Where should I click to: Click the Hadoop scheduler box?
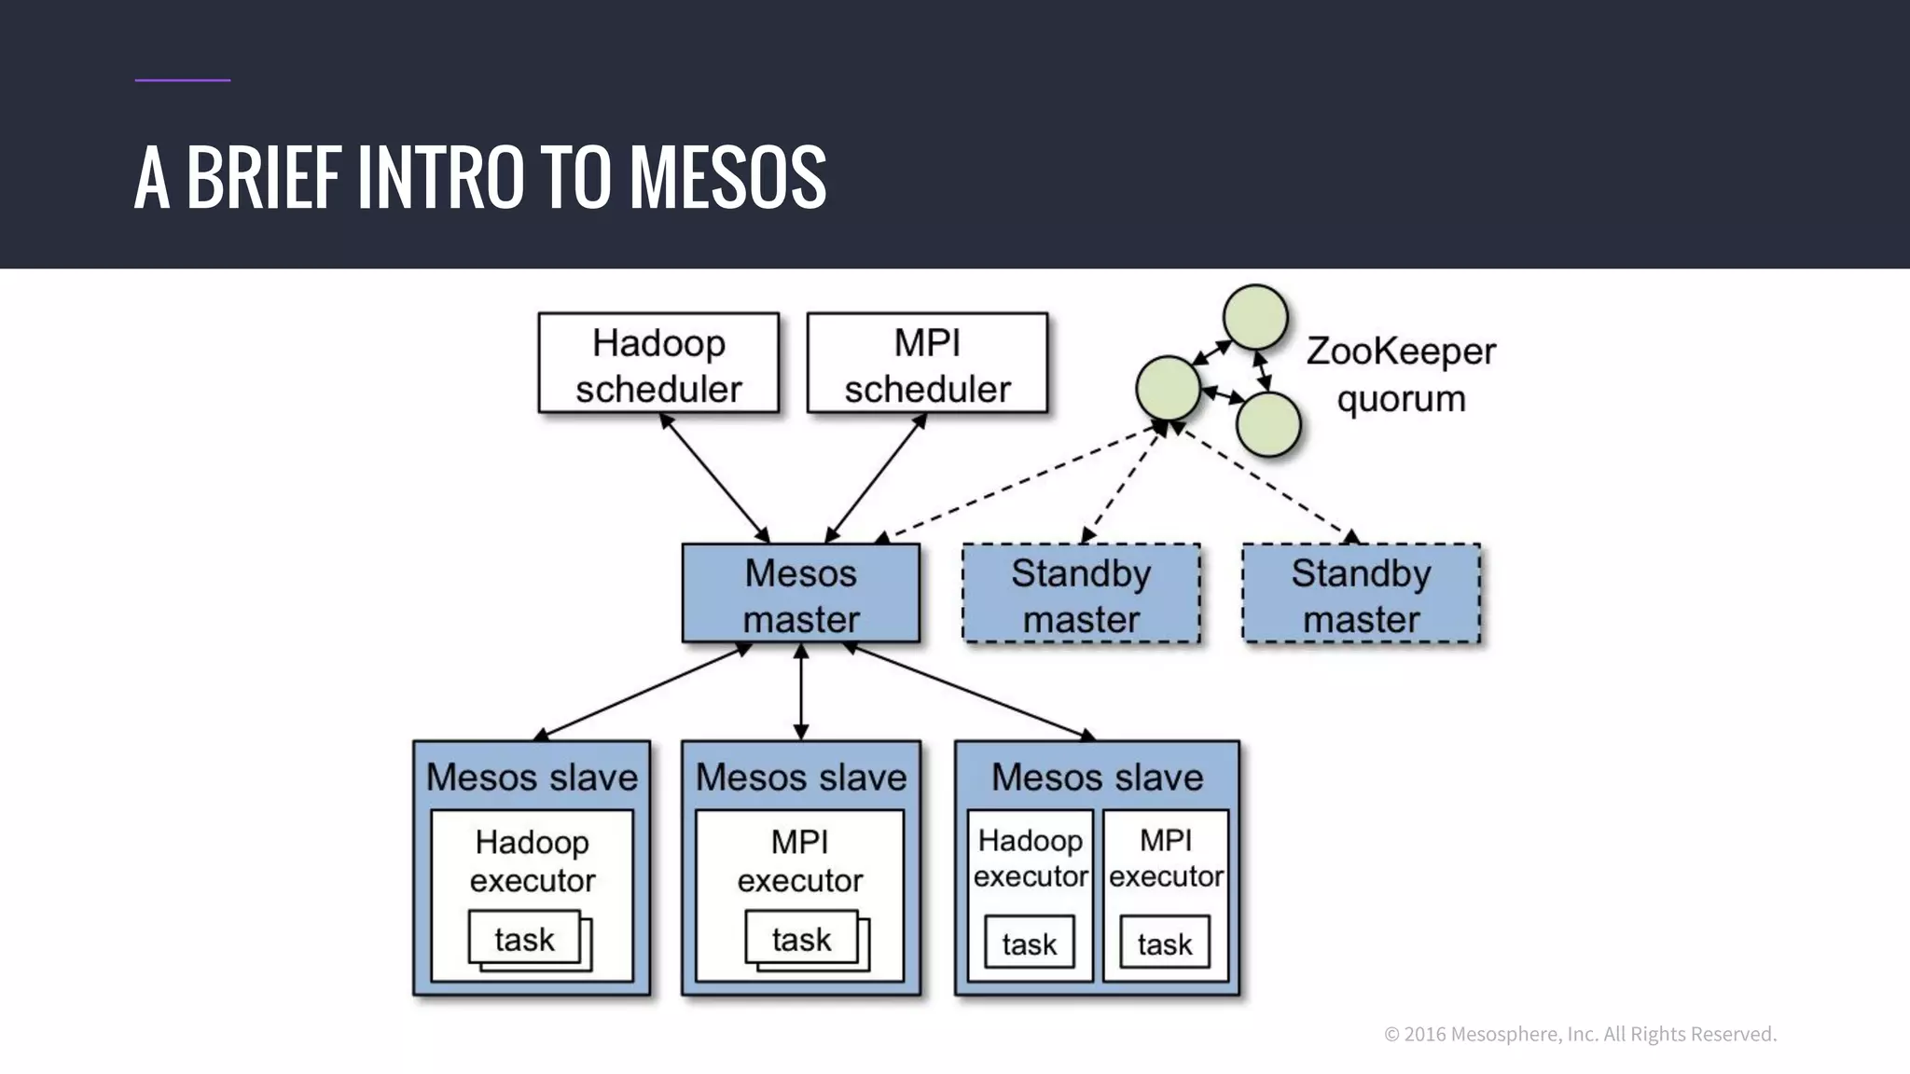tap(658, 364)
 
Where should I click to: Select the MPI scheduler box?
tap(927, 364)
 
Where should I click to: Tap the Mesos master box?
tap(800, 594)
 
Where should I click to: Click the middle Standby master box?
tap(1081, 594)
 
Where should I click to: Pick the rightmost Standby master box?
tap(1361, 594)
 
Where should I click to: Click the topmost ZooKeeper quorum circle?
tap(1255, 317)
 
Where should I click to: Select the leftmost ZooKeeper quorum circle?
tap(1168, 388)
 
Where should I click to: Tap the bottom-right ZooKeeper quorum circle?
tap(1268, 424)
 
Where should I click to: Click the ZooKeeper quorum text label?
tap(1401, 375)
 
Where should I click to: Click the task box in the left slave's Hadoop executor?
tap(524, 938)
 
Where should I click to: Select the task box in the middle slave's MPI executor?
tap(801, 938)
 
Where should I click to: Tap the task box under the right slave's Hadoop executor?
tap(1030, 943)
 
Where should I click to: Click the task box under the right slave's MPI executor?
tap(1165, 943)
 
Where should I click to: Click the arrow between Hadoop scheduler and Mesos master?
tap(713, 477)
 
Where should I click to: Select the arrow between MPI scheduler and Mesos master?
tap(876, 477)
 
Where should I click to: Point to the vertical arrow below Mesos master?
tap(800, 692)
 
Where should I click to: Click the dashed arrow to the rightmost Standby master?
tap(1264, 482)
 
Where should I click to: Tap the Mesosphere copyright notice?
tap(1580, 1034)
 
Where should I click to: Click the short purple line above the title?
tap(183, 80)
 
